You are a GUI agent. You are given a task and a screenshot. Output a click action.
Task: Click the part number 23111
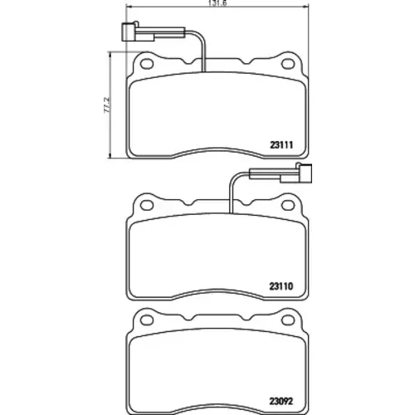[281, 145]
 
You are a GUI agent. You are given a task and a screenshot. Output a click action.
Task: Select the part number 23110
[281, 286]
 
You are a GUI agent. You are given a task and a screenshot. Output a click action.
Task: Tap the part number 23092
[281, 401]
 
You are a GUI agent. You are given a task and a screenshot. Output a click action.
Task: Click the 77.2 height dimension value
[107, 105]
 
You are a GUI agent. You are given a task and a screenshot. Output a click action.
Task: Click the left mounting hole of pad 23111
[147, 64]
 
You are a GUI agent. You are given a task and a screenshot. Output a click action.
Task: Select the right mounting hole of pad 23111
[288, 64]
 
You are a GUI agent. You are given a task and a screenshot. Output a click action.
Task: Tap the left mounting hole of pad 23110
[147, 205]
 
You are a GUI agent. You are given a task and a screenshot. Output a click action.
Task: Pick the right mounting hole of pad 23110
[288, 205]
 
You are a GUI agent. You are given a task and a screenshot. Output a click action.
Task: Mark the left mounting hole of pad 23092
[147, 320]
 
